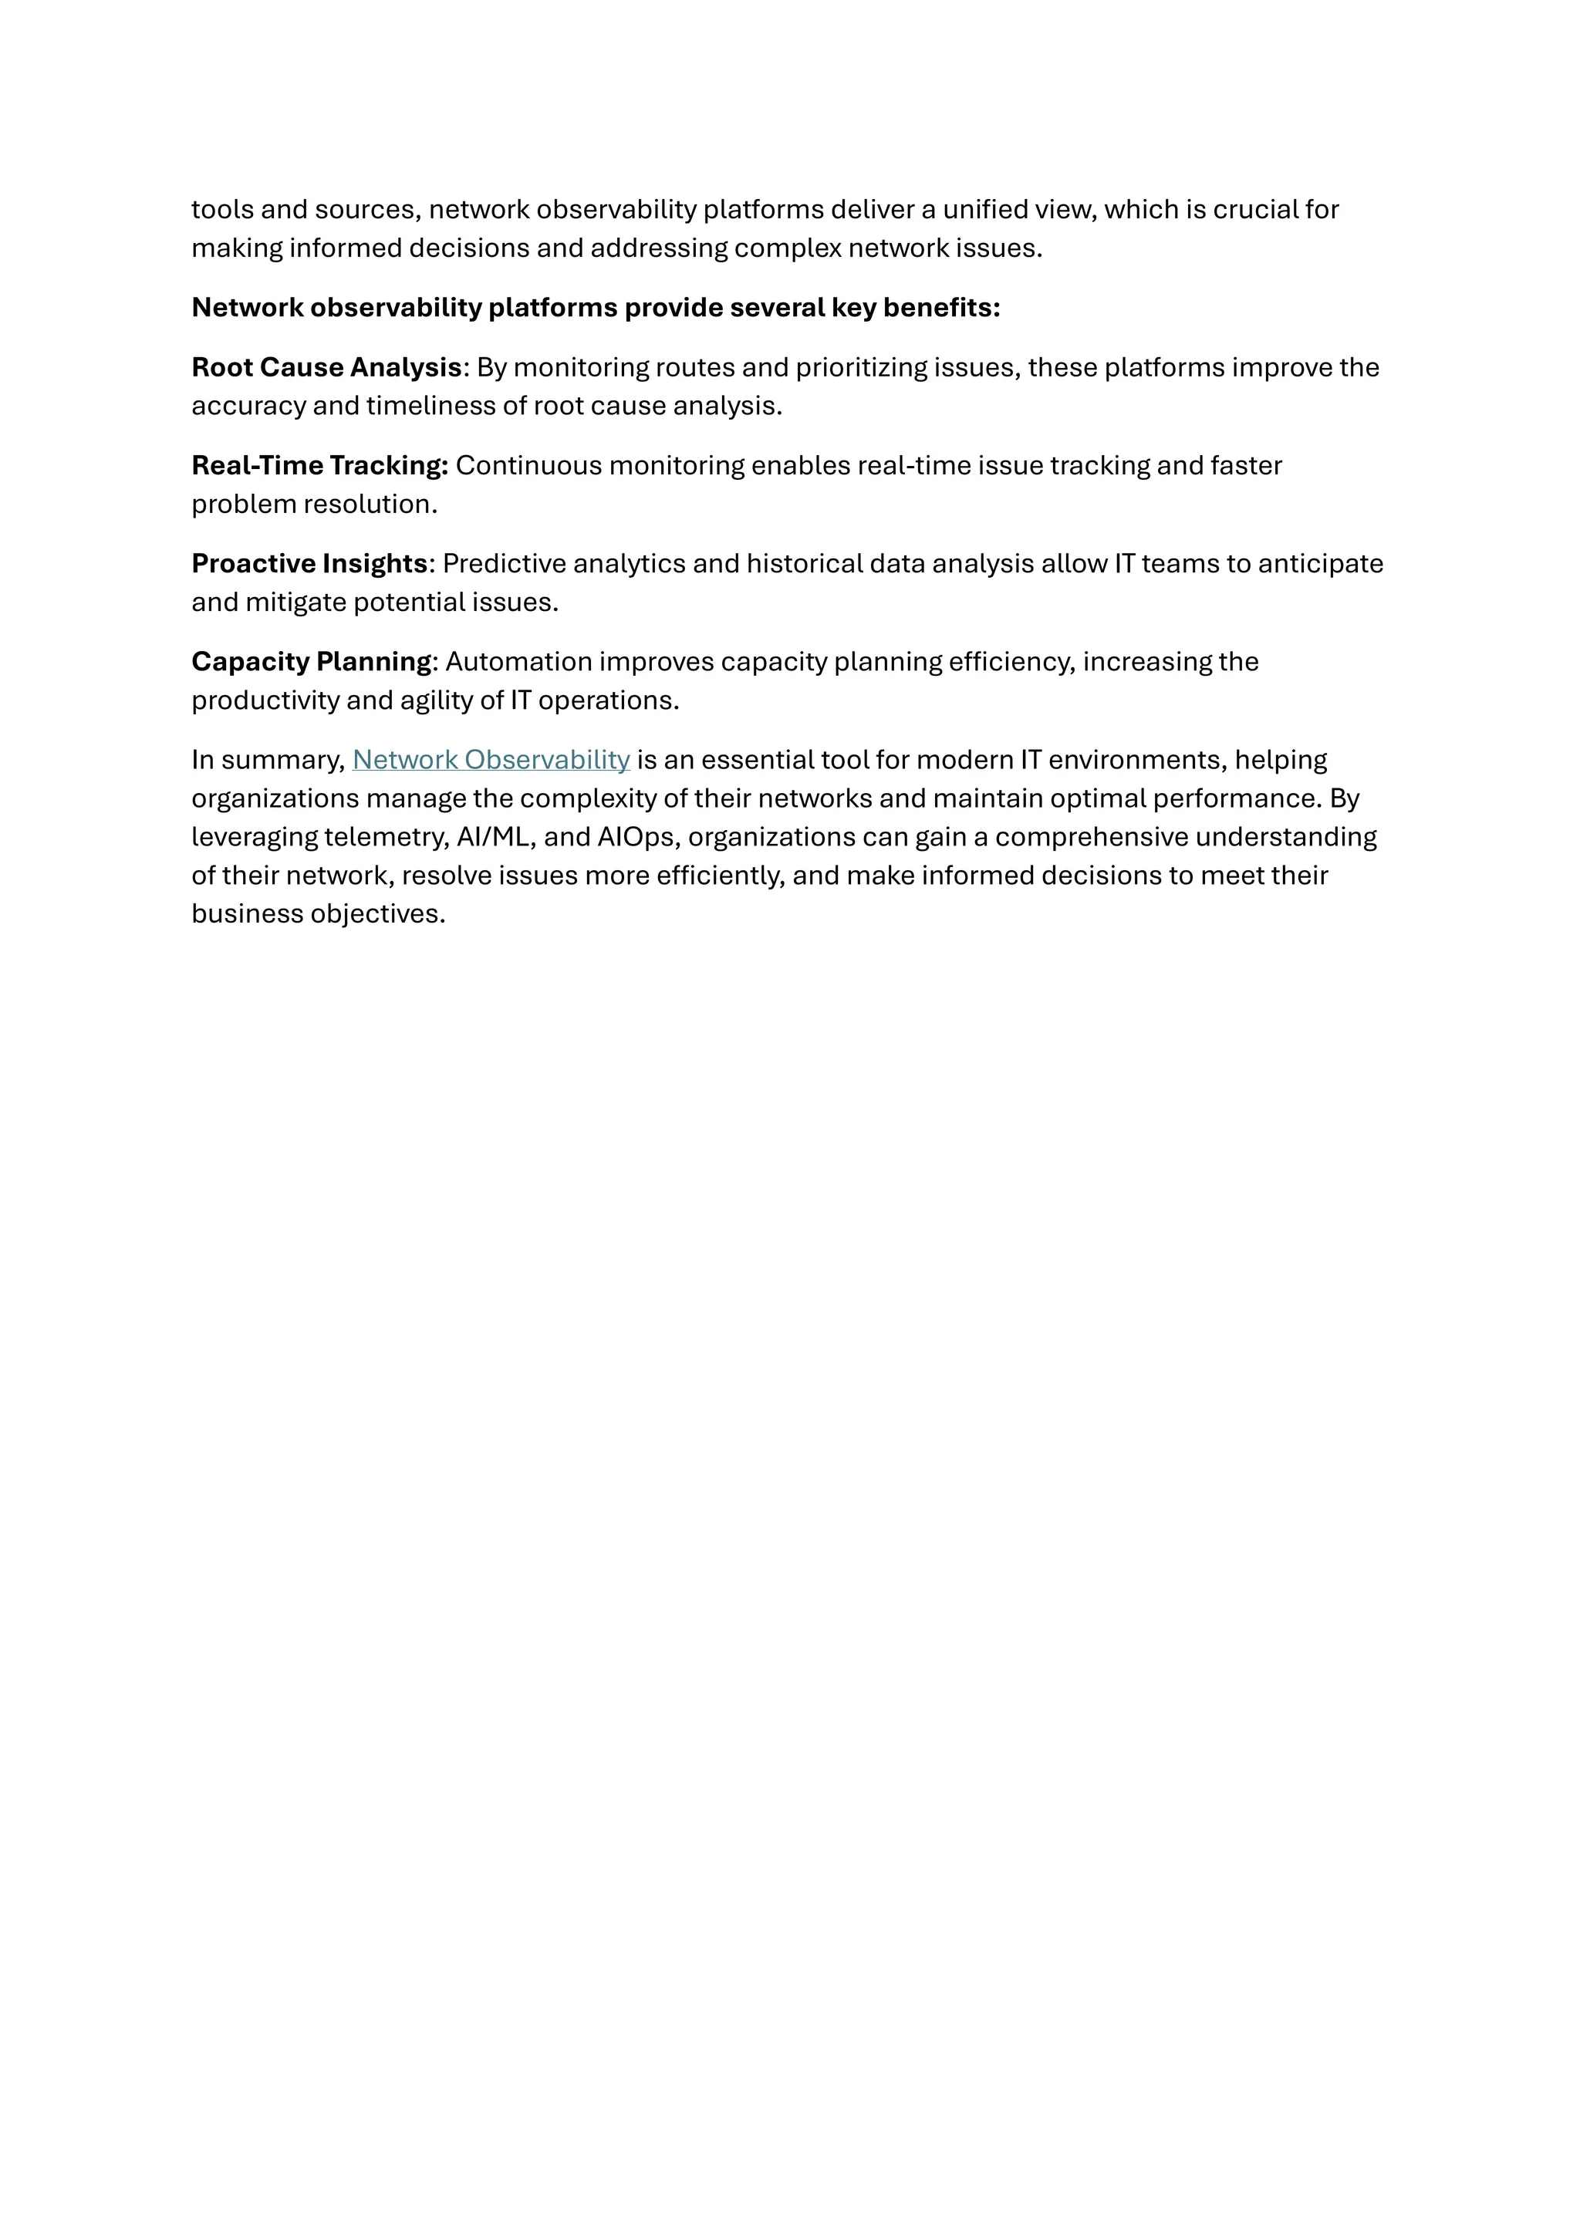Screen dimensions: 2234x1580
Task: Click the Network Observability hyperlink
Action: pos(491,760)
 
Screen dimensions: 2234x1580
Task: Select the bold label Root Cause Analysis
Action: pos(326,368)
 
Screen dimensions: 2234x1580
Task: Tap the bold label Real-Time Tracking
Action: pos(319,466)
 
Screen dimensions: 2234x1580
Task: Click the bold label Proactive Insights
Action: pos(309,565)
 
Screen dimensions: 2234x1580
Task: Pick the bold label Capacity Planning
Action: pos(312,663)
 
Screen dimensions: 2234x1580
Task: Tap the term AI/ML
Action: pos(496,838)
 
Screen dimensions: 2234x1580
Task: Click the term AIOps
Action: pos(638,838)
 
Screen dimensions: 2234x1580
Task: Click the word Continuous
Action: pos(528,466)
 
